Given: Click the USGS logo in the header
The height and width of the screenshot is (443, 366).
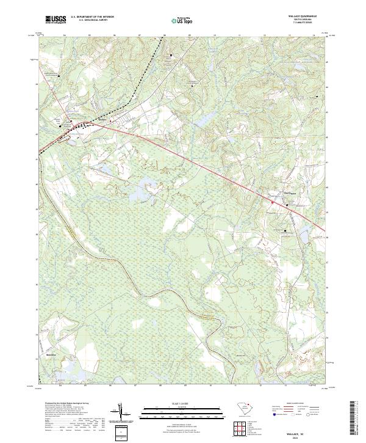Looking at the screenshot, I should (x=56, y=20).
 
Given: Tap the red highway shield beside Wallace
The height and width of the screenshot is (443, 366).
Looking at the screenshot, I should (x=110, y=121).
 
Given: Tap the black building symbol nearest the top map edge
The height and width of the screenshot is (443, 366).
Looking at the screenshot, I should (x=171, y=56).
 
